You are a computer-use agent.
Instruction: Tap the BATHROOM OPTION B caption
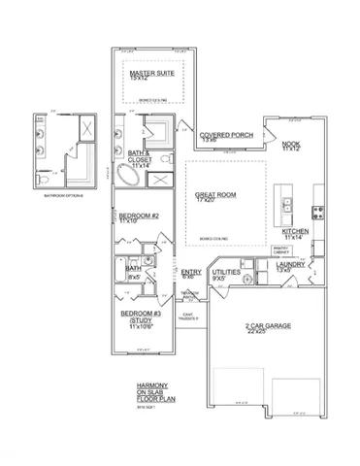coord(65,196)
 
